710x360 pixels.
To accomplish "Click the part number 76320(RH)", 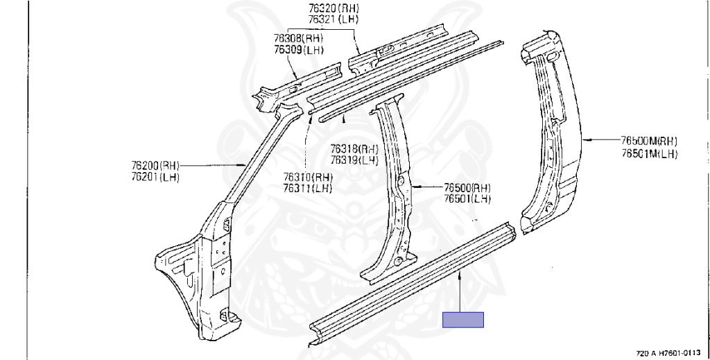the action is click(334, 8).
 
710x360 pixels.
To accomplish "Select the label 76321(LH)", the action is click(334, 19).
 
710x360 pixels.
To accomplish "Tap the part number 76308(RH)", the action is click(299, 38).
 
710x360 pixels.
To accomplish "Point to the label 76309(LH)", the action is click(299, 49).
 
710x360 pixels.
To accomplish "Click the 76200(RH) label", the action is click(155, 166).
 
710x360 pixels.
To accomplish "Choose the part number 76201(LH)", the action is click(155, 177).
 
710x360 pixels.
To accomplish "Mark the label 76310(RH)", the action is click(308, 177).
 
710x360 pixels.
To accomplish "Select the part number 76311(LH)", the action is click(308, 187).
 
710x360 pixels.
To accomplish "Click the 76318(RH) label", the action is click(354, 148).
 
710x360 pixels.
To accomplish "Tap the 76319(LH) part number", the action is click(354, 160).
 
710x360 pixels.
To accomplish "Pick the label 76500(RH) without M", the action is click(467, 187).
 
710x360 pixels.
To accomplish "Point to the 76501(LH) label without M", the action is click(467, 198).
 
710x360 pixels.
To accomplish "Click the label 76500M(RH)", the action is click(649, 142).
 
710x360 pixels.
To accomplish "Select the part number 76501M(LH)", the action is click(649, 153).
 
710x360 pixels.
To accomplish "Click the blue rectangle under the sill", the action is click(462, 320).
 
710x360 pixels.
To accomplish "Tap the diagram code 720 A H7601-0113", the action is click(668, 353).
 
